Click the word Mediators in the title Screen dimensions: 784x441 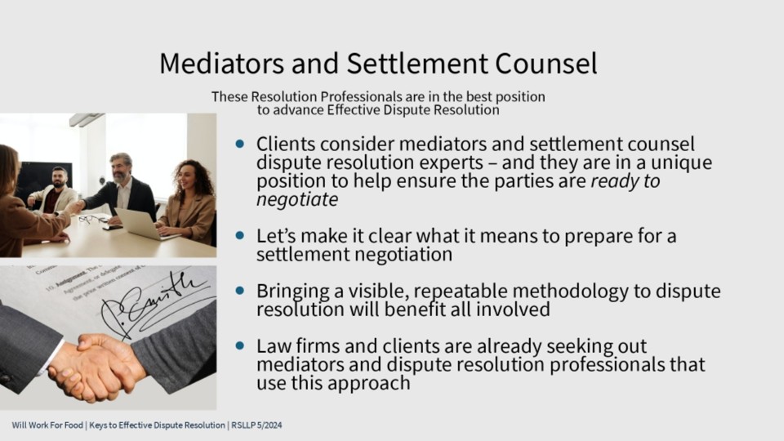click(221, 64)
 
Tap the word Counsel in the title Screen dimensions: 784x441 click(546, 64)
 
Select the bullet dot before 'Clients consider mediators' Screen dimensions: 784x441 click(240, 144)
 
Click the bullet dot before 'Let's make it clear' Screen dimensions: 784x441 click(240, 235)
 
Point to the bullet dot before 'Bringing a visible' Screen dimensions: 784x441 click(240, 290)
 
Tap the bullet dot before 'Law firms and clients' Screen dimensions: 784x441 click(240, 345)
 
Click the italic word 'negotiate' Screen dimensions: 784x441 click(297, 199)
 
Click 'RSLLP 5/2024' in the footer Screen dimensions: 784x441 click(256, 425)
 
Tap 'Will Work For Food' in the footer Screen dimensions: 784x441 click(47, 425)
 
